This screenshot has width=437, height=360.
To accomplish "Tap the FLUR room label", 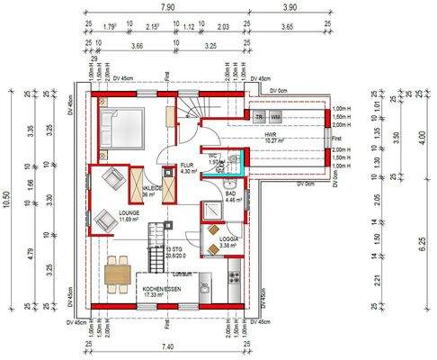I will click(187, 166).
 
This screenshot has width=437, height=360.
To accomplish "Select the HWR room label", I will click(271, 134).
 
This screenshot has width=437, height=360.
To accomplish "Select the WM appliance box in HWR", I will click(275, 118).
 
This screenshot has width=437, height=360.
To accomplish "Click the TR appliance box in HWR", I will click(259, 118).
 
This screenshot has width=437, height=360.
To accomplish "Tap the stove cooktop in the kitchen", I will click(235, 271).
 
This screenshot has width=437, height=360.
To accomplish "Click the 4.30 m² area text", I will click(187, 172).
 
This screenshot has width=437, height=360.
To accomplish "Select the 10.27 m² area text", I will click(271, 140).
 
